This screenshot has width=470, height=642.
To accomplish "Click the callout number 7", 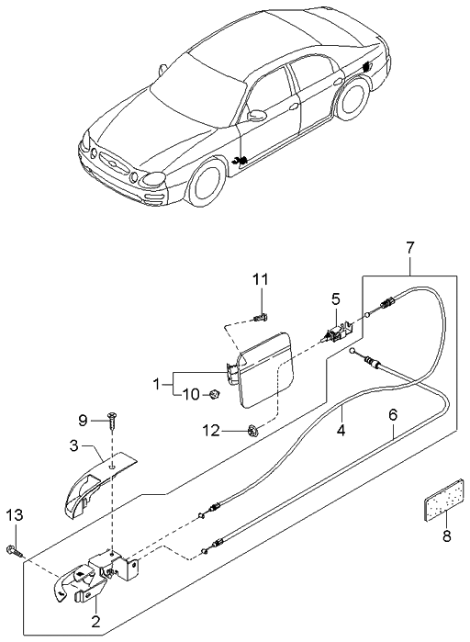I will point(410,247).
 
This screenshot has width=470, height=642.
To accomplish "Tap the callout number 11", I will point(260,278).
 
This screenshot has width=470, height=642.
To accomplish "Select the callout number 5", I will point(336,298).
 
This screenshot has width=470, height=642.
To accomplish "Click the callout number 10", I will point(191,395).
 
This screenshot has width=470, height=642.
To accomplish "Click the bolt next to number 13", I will point(18,552).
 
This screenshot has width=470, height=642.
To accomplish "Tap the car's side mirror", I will point(257,116).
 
